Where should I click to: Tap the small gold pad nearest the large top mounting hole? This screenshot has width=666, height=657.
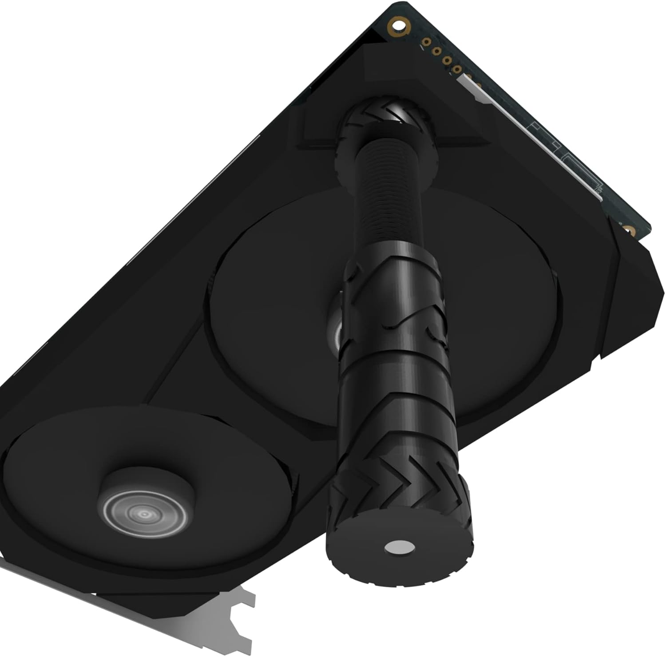(426, 42)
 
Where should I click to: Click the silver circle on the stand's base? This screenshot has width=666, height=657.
(399, 547)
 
